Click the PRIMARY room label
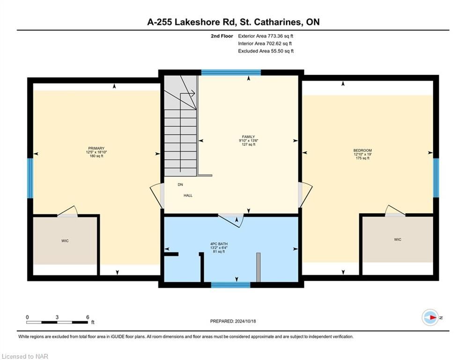coord(96,148)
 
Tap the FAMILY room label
coord(248,137)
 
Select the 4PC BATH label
coord(219,244)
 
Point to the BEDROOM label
coord(362,150)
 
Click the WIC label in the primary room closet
coord(65,240)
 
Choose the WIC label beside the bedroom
coord(398,240)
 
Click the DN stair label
coord(180,185)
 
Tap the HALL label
coord(188,195)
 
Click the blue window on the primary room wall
coord(30,178)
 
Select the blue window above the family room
coord(231,73)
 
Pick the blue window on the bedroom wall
coord(436,178)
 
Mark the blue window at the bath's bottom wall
coord(231,285)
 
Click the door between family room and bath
coord(231,220)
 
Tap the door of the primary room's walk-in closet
coord(67,211)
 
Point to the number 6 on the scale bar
coord(88,317)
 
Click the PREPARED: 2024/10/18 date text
coord(233,321)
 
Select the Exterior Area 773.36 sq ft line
coord(266,36)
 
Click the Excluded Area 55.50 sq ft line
coord(266,51)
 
